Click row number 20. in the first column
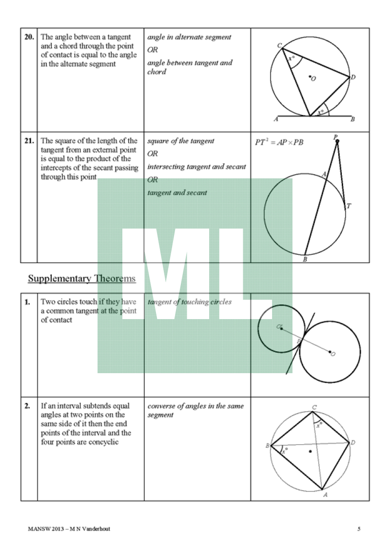tap(29, 37)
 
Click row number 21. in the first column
tap(29, 141)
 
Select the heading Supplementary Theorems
tap(81, 279)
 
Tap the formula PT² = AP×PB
tap(280, 142)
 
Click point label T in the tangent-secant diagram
tap(349, 206)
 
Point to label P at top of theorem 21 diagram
tap(335, 137)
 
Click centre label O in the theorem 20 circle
tap(313, 79)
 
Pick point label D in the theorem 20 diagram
tap(353, 77)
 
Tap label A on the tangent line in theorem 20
tap(276, 119)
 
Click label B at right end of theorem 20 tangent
tap(352, 119)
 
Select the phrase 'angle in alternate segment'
tap(189, 37)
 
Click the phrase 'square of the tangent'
tap(181, 141)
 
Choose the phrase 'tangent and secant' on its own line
tap(177, 192)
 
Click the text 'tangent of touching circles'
tap(189, 302)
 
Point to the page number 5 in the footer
tap(359, 529)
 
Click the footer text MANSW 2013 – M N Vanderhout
tap(69, 529)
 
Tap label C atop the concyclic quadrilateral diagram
tap(314, 407)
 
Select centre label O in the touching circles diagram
tap(333, 354)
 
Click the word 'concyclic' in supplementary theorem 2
tap(104, 442)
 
